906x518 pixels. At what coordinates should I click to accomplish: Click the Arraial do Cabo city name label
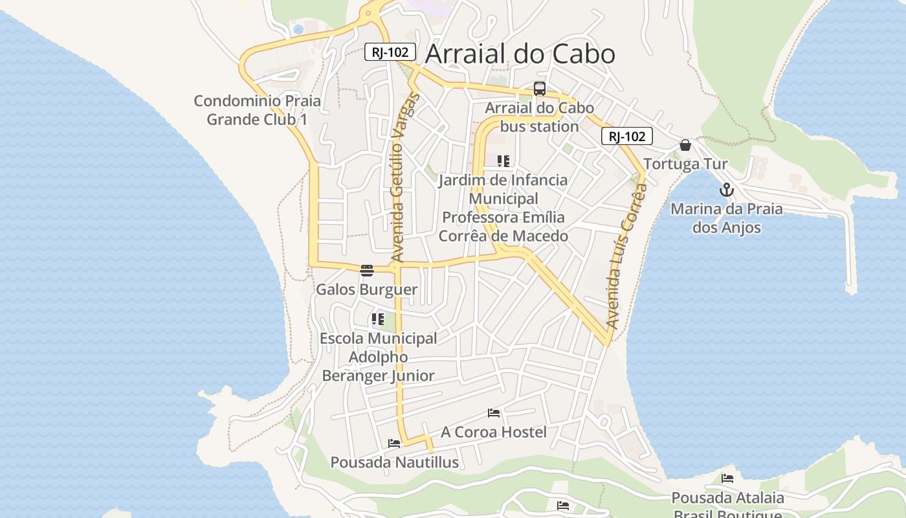(520, 54)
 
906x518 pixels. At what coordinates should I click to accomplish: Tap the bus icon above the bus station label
(539, 89)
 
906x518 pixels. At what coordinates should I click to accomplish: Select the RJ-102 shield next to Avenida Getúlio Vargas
(390, 52)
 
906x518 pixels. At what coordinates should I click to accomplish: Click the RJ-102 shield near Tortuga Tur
(626, 136)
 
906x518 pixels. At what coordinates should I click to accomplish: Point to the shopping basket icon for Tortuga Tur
(685, 145)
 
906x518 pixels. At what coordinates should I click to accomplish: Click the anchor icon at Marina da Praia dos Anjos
(726, 190)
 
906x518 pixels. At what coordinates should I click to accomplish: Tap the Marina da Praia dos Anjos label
(726, 218)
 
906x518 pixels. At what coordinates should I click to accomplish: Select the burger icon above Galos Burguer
(367, 270)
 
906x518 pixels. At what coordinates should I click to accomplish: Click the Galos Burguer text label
(366, 289)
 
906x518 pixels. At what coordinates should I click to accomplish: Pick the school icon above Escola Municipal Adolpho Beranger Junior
(378, 319)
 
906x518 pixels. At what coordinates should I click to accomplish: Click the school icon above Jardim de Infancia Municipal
(503, 161)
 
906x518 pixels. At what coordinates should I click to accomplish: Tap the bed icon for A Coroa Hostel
(494, 412)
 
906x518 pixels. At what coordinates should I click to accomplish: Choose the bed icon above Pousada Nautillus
(394, 444)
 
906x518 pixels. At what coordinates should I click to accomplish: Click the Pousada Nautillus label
(394, 462)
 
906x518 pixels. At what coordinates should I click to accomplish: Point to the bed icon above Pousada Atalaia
(727, 479)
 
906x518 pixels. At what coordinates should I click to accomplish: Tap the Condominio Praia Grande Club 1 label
(257, 110)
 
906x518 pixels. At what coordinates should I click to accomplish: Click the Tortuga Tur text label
(685, 164)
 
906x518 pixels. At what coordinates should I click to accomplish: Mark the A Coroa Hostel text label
(494, 432)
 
